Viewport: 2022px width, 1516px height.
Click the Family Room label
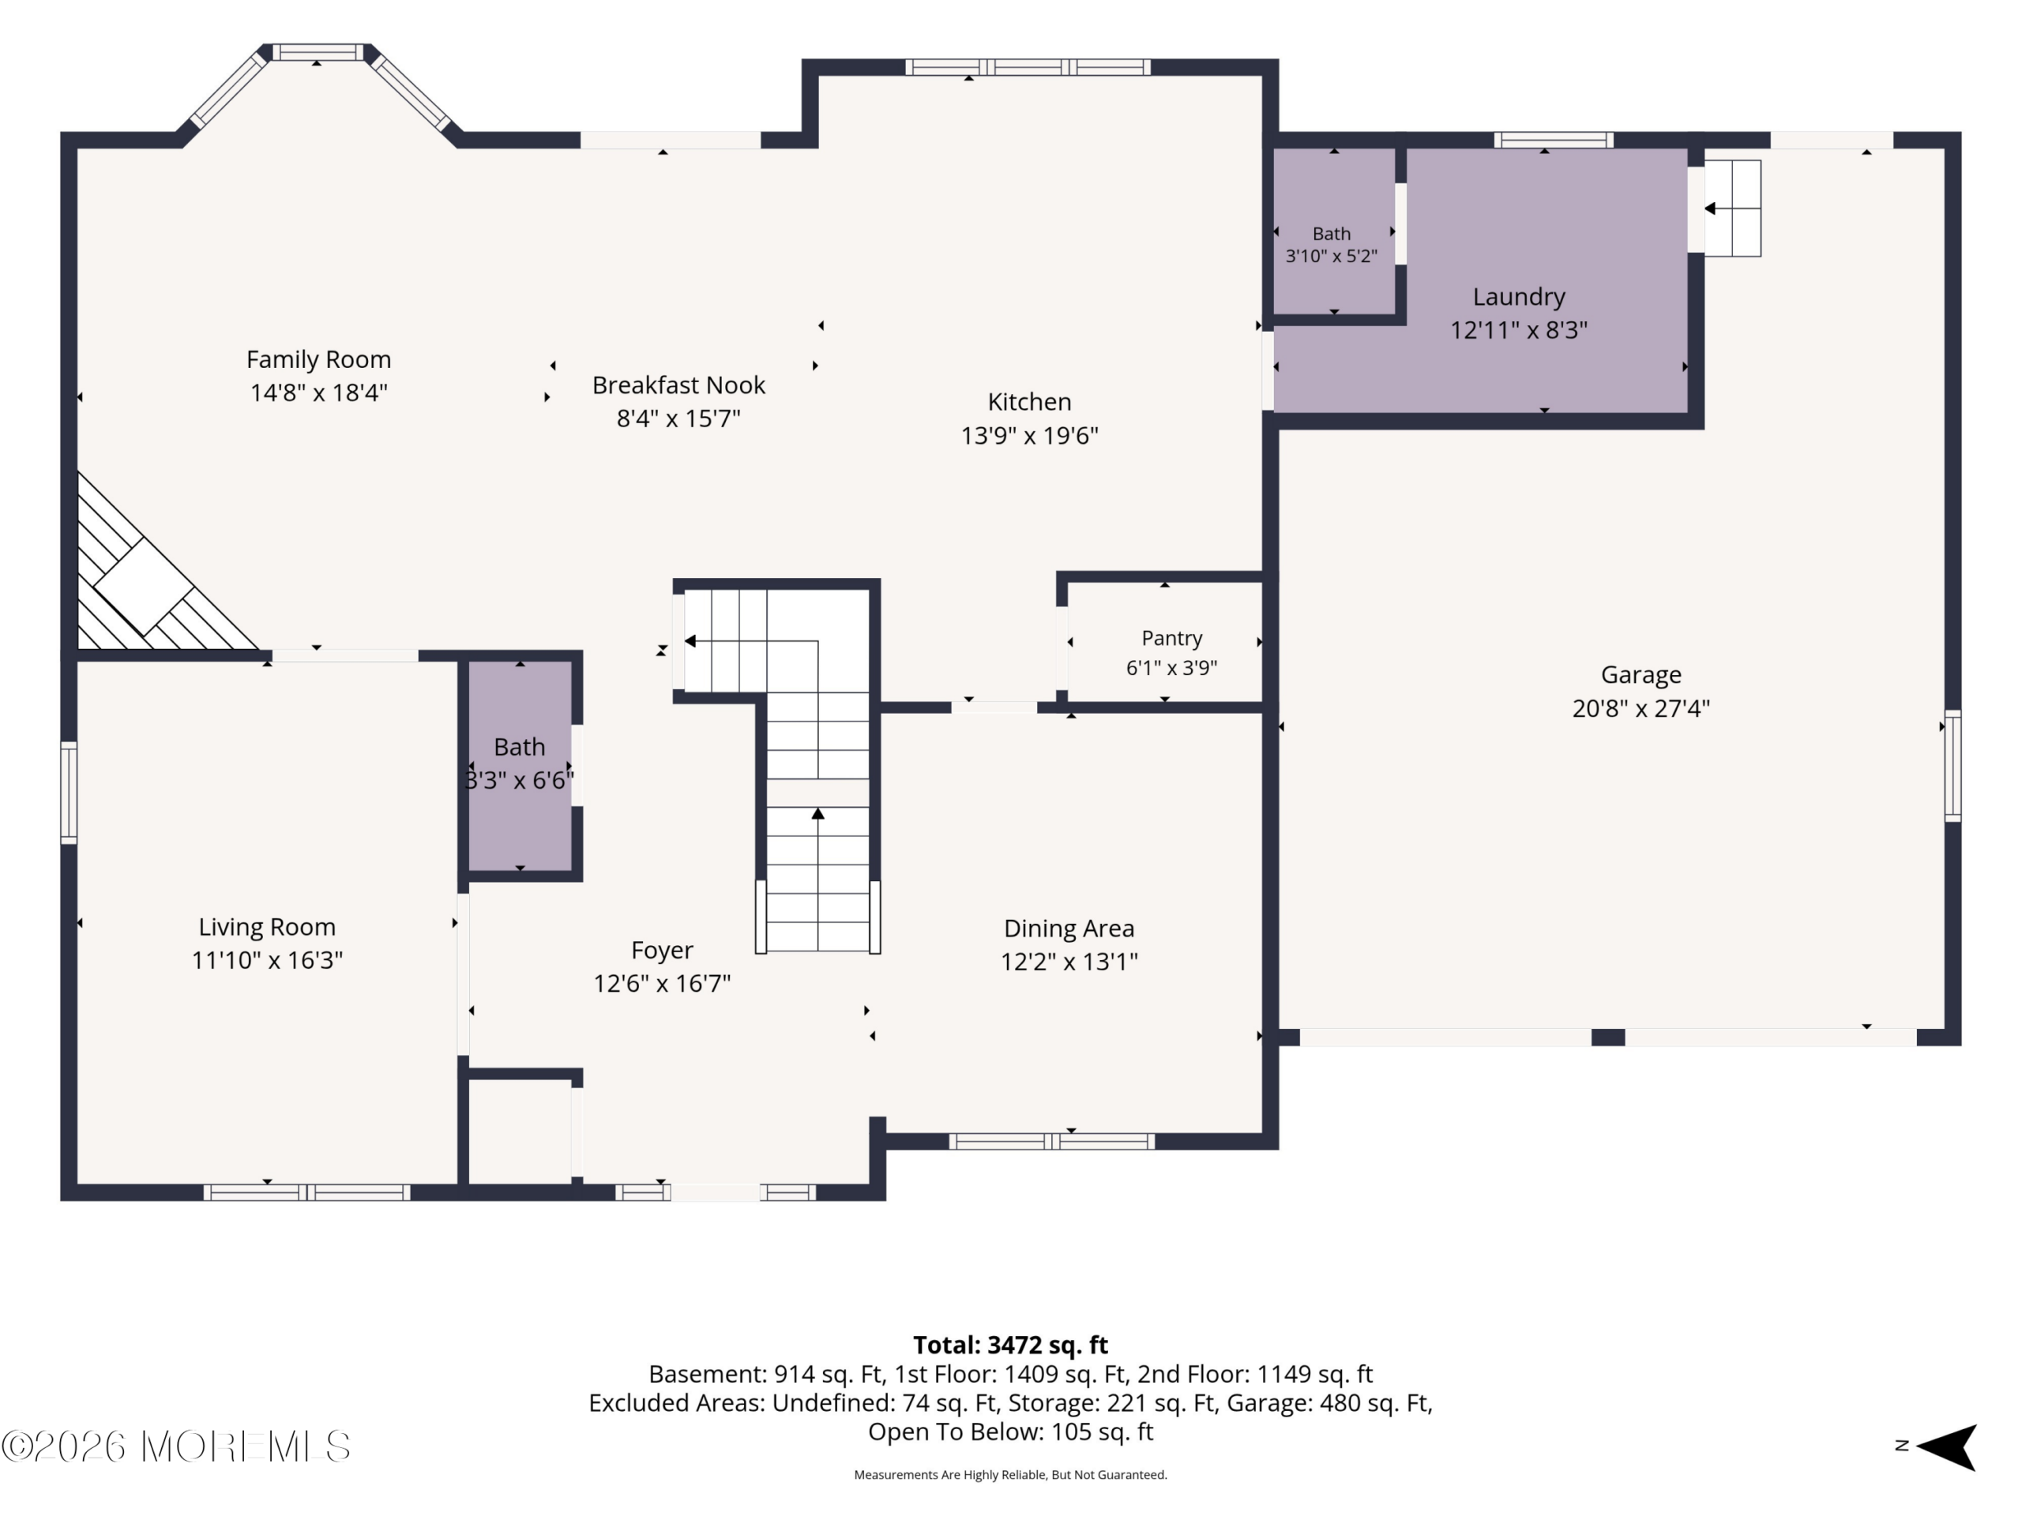(x=318, y=359)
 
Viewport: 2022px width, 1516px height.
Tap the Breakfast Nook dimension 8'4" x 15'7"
(x=678, y=418)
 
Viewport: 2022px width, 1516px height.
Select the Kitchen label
(x=1029, y=402)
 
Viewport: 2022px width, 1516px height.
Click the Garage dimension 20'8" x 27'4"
(x=1641, y=708)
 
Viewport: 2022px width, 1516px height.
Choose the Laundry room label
(x=1518, y=297)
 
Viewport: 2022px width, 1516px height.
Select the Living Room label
(x=267, y=927)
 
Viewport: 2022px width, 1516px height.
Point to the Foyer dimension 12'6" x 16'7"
(x=662, y=983)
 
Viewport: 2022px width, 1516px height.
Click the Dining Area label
(x=1069, y=929)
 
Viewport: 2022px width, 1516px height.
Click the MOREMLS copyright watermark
(x=175, y=1447)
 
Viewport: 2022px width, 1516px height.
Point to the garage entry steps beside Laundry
(x=1732, y=208)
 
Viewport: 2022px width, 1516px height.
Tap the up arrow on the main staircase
(x=818, y=813)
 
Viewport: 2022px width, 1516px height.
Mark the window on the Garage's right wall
(x=1952, y=766)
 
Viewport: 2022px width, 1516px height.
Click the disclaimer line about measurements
(x=1010, y=1474)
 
